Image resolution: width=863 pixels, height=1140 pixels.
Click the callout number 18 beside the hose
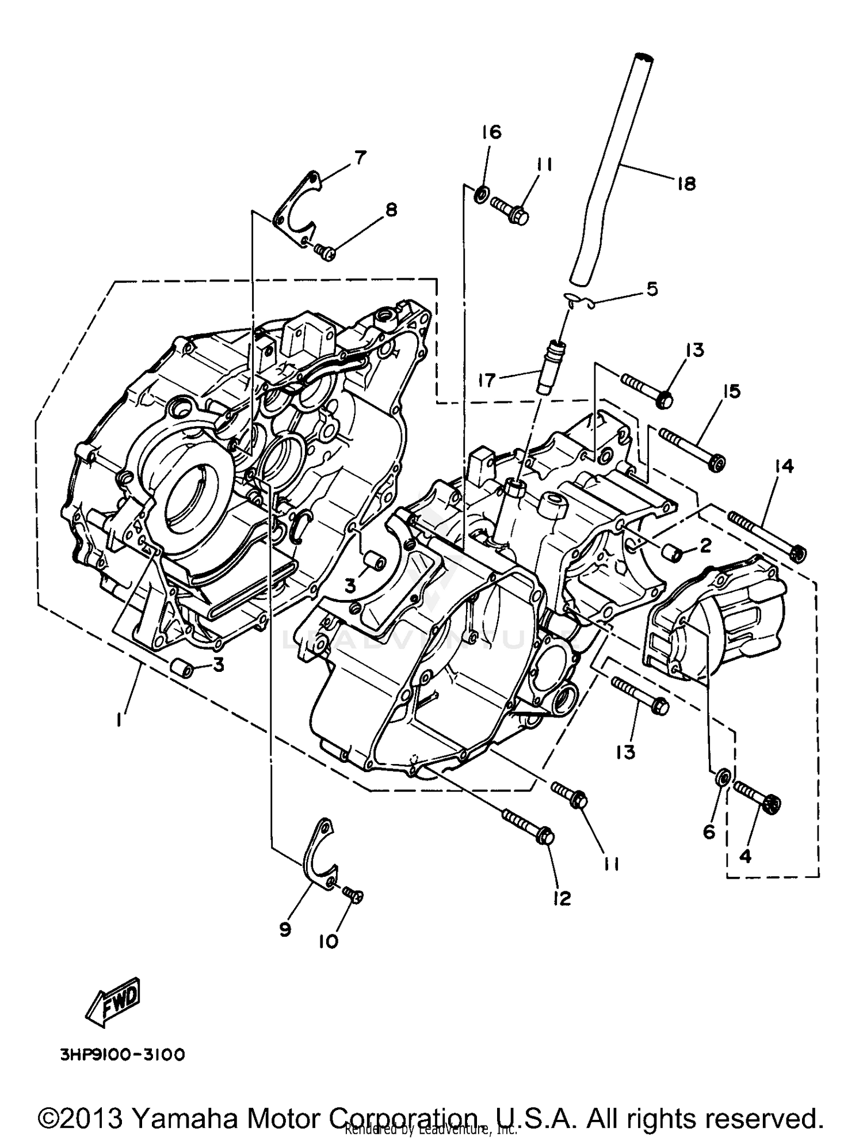click(x=686, y=184)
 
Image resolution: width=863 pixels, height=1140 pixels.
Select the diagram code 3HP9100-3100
click(x=122, y=1054)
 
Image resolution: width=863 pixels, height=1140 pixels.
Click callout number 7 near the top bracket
click(x=360, y=157)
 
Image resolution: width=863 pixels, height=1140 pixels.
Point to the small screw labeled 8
click(x=326, y=252)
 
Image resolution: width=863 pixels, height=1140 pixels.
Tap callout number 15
click(x=731, y=392)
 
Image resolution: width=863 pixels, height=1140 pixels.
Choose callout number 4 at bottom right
click(x=744, y=856)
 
